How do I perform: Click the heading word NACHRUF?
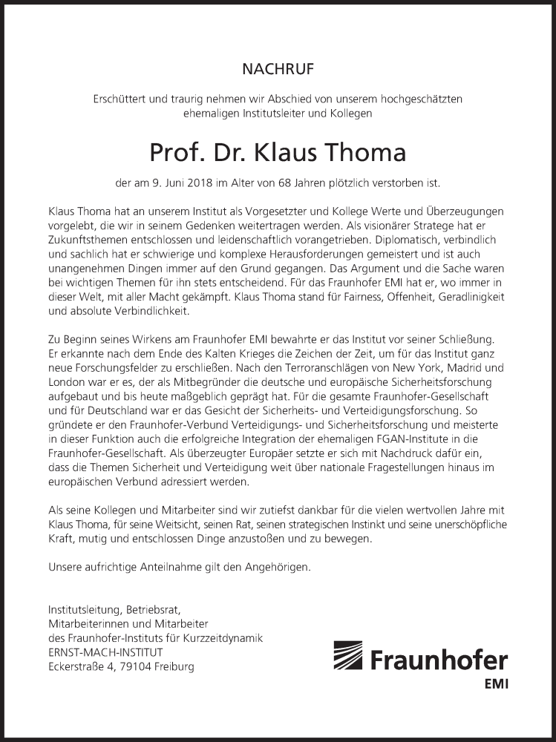(278, 70)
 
